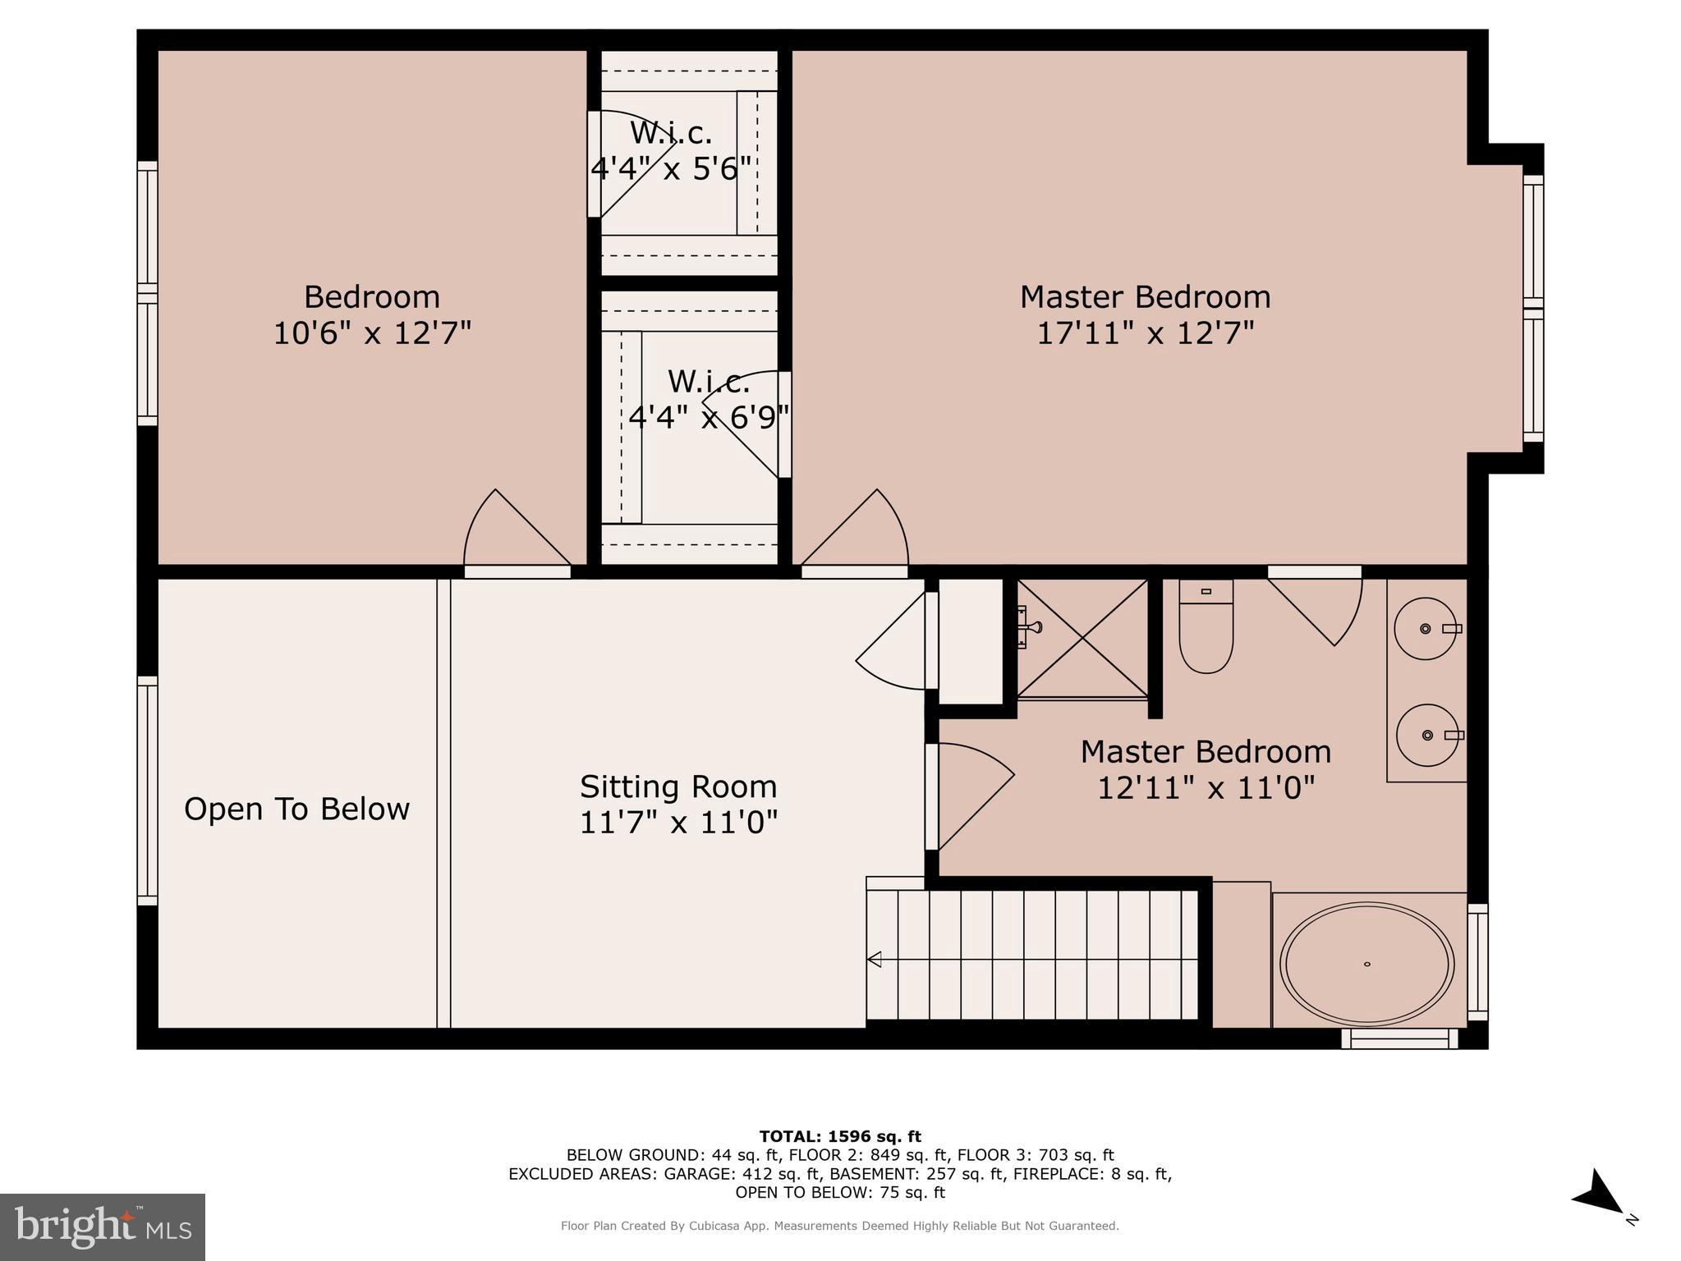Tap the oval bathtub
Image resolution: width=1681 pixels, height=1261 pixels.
[x=1366, y=964]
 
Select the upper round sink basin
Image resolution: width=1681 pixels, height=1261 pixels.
[x=1425, y=629]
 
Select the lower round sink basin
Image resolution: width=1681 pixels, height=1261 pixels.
[x=1427, y=735]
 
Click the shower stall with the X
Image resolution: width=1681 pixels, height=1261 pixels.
[x=1082, y=638]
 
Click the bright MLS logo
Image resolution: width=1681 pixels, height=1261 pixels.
[x=102, y=1227]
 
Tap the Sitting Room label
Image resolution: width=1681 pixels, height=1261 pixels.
[x=678, y=786]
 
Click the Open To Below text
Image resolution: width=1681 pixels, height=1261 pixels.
[x=296, y=809]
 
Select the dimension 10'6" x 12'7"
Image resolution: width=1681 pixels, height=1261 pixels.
[x=372, y=333]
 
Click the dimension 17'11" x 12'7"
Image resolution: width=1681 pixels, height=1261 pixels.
[x=1145, y=333]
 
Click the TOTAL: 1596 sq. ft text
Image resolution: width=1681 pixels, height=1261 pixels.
[x=840, y=1136]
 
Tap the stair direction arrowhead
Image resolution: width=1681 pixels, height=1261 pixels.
[x=875, y=959]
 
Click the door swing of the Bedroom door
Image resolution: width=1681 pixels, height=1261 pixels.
[x=509, y=530]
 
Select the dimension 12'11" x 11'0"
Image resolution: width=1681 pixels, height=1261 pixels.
[x=1206, y=788]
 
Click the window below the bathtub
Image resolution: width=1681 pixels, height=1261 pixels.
[x=1399, y=1039]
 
